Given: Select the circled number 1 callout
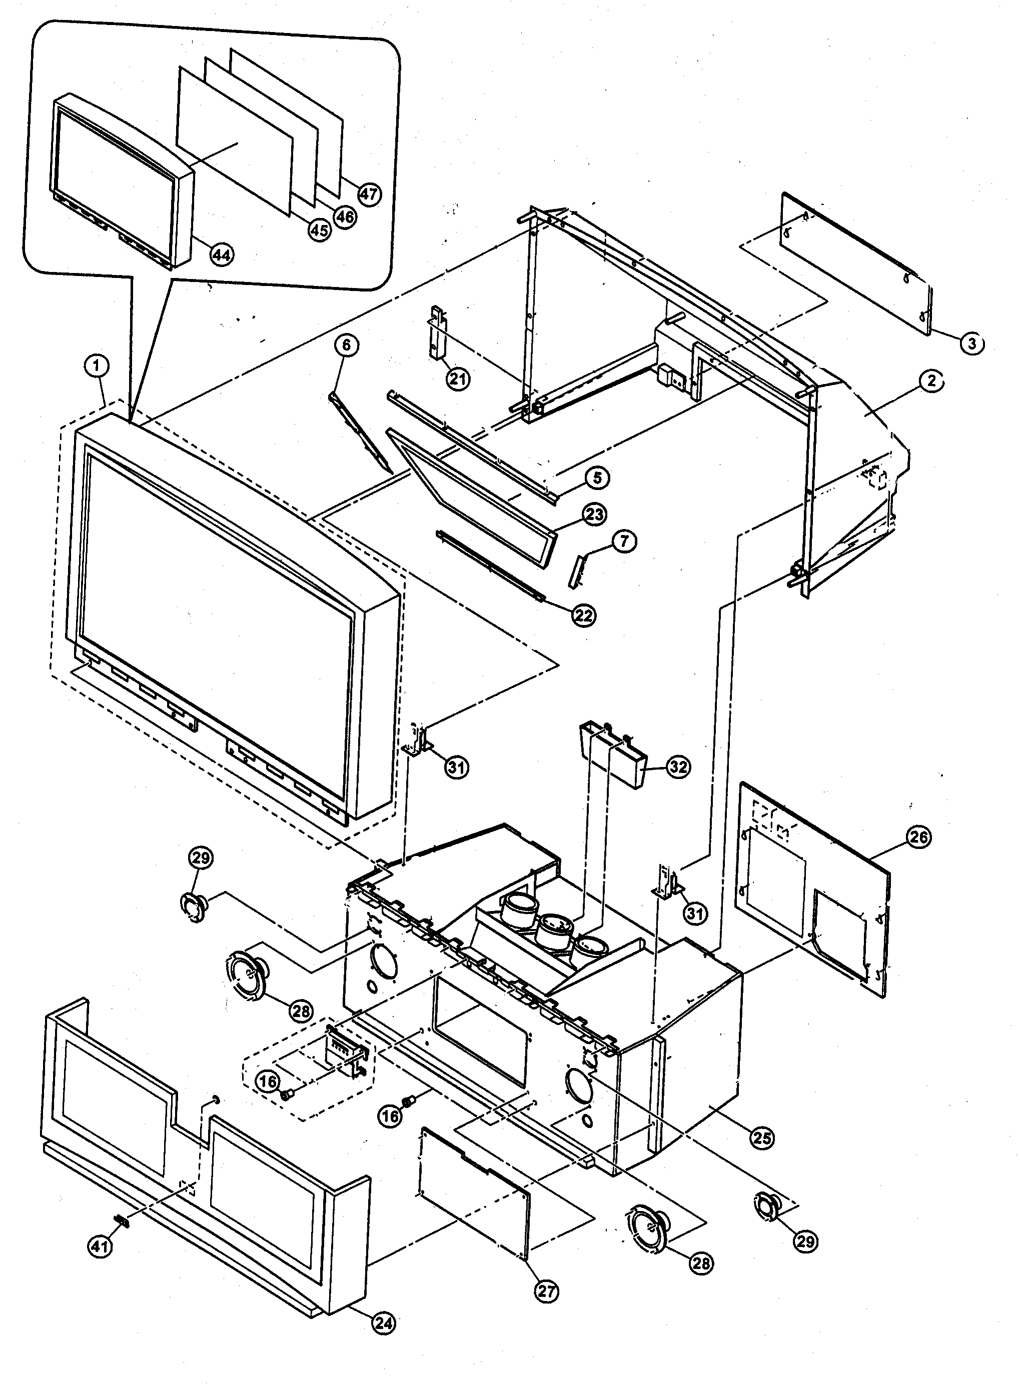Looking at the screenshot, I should click(96, 366).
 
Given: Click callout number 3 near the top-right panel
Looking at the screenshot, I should click(972, 343).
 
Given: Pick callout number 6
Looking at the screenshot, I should click(346, 345).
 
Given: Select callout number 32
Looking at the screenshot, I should click(678, 766).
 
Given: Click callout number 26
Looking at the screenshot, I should click(918, 837).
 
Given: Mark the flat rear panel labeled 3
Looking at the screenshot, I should click(857, 263).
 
